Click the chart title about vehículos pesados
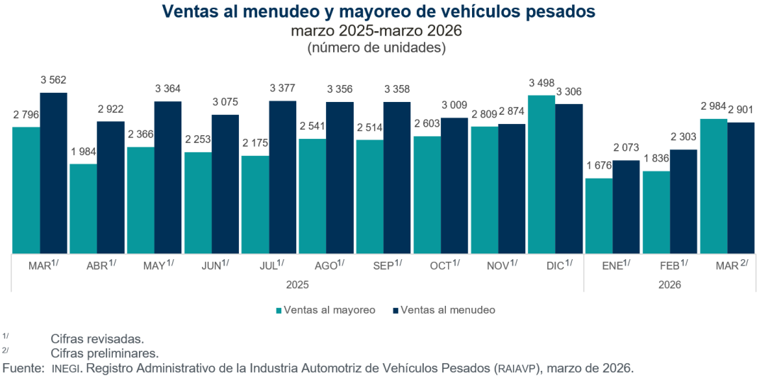click(378, 12)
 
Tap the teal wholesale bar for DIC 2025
click(541, 174)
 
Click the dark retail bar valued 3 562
click(53, 173)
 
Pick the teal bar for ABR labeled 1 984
click(83, 208)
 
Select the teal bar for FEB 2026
click(656, 212)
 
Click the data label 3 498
click(542, 84)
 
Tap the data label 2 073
click(626, 149)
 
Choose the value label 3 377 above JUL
click(283, 89)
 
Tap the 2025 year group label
click(296, 285)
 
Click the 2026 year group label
click(669, 285)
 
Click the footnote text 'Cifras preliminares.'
click(104, 353)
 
